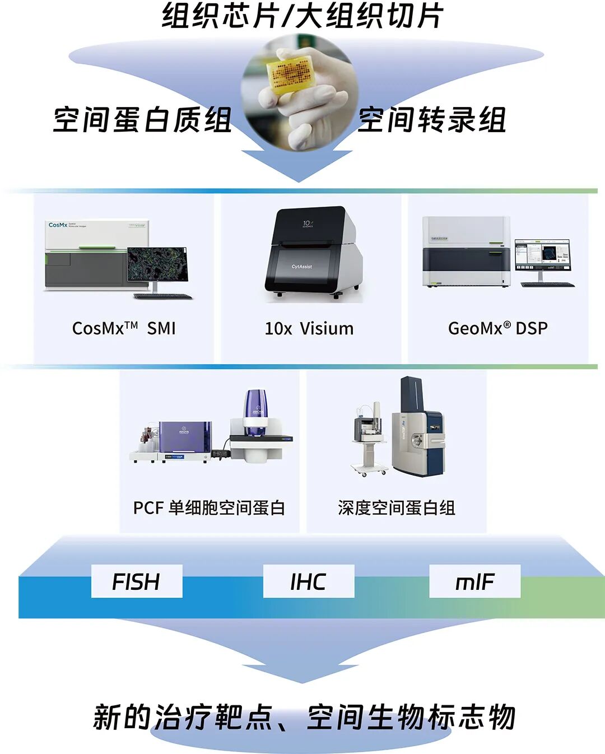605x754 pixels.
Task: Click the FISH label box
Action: pyautogui.click(x=137, y=581)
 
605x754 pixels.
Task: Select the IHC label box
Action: pyautogui.click(x=308, y=581)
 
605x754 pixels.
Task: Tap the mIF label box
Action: pyautogui.click(x=474, y=581)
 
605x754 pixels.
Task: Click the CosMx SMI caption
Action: pyautogui.click(x=124, y=328)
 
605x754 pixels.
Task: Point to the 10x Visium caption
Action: pyautogui.click(x=309, y=328)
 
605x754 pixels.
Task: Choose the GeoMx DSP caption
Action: pyautogui.click(x=497, y=328)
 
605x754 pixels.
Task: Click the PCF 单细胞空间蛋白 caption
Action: pyautogui.click(x=209, y=508)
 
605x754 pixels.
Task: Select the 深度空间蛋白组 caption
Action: pyautogui.click(x=396, y=508)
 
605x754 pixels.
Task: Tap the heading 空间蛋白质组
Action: pyautogui.click(x=143, y=120)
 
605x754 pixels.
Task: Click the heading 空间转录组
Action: pyautogui.click(x=432, y=120)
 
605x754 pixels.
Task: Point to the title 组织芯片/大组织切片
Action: pyautogui.click(x=302, y=16)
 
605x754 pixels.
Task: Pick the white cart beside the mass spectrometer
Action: pyautogui.click(x=369, y=443)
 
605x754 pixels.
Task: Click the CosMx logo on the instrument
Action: pyautogui.click(x=58, y=225)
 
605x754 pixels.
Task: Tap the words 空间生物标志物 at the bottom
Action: pyautogui.click(x=411, y=717)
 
